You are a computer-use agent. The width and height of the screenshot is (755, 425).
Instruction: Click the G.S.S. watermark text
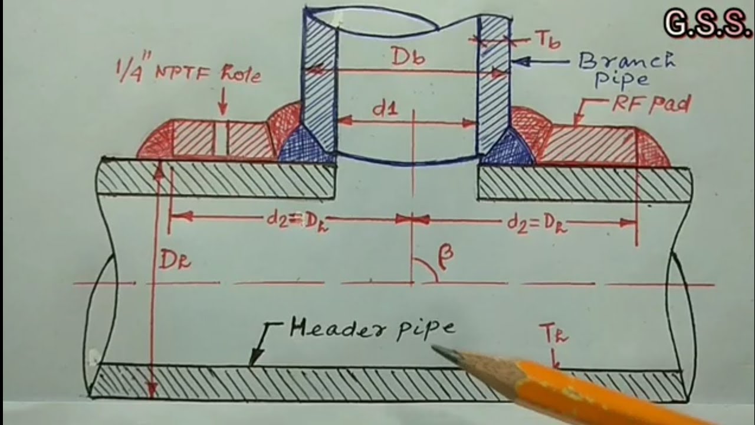[x=704, y=24]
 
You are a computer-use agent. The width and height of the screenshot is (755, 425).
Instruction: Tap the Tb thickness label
[x=547, y=40]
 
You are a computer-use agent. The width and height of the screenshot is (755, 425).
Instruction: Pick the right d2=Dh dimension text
[x=537, y=224]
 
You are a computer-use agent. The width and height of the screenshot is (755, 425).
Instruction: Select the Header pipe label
[x=372, y=328]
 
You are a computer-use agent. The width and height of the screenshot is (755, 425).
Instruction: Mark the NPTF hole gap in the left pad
[x=221, y=139]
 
